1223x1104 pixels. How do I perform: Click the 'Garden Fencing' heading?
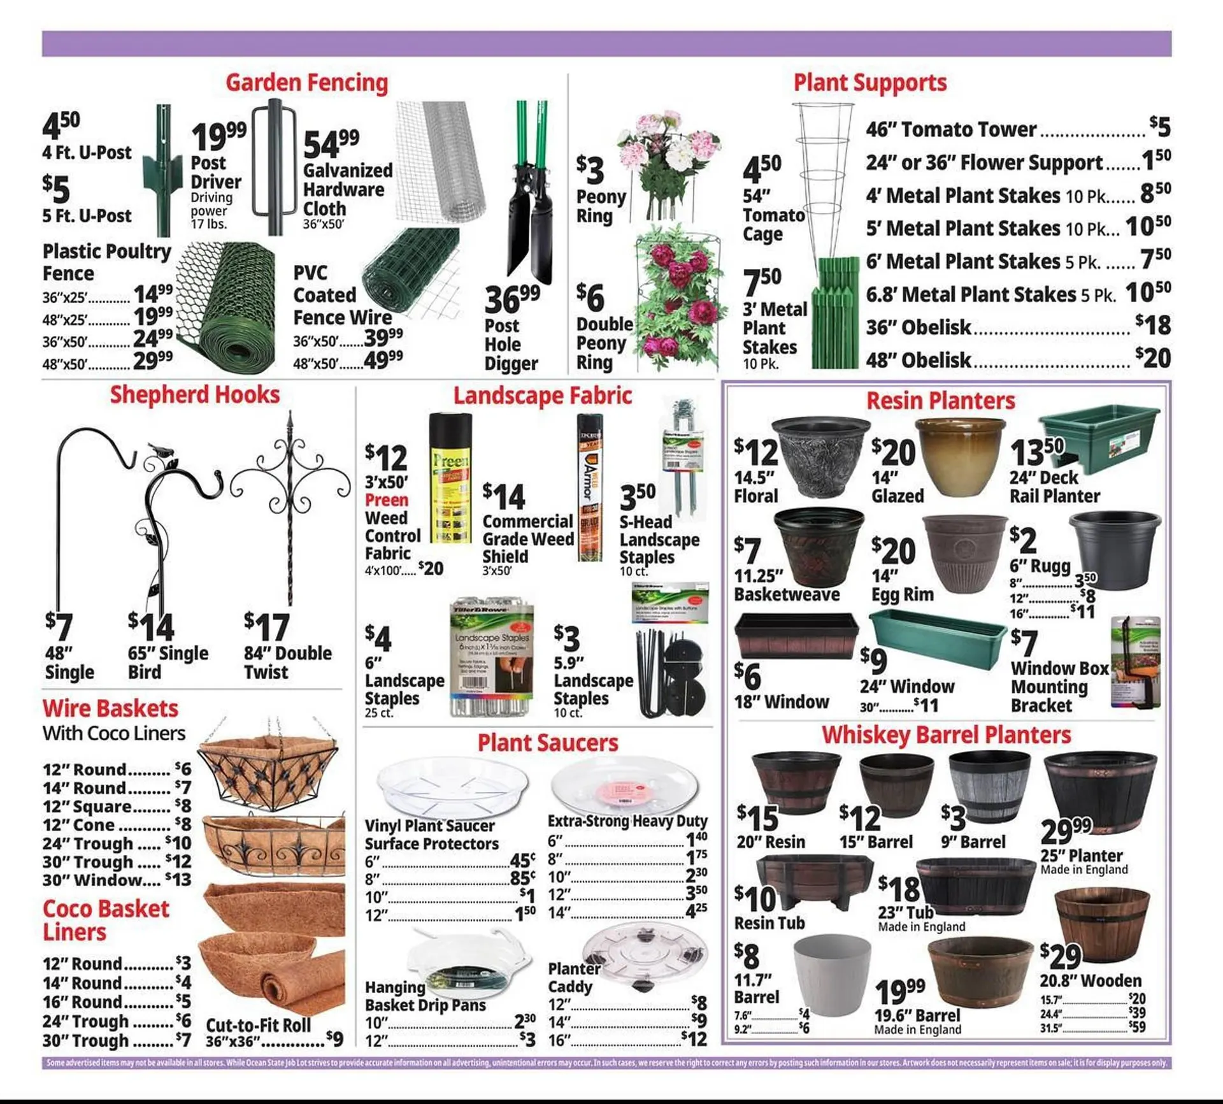tap(306, 83)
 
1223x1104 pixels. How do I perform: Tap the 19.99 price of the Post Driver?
tap(218, 136)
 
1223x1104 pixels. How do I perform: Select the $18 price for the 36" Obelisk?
tap(1154, 325)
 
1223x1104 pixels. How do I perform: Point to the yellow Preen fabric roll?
tap(451, 478)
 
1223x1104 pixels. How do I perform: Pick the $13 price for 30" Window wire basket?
tap(178, 880)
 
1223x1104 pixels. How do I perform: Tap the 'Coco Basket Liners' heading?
tap(106, 920)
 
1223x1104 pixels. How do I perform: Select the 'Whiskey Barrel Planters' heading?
tap(946, 735)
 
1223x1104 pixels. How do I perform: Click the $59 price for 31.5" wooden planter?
tap(1137, 1028)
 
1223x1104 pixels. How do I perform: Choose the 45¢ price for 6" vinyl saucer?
tap(522, 861)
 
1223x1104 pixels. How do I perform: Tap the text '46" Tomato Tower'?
tap(950, 129)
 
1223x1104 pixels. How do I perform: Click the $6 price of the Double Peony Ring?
tap(590, 298)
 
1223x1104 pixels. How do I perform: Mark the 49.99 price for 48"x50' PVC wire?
tap(383, 361)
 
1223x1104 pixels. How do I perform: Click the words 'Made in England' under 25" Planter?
tap(1084, 870)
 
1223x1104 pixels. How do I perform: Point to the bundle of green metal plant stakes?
tap(836, 312)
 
